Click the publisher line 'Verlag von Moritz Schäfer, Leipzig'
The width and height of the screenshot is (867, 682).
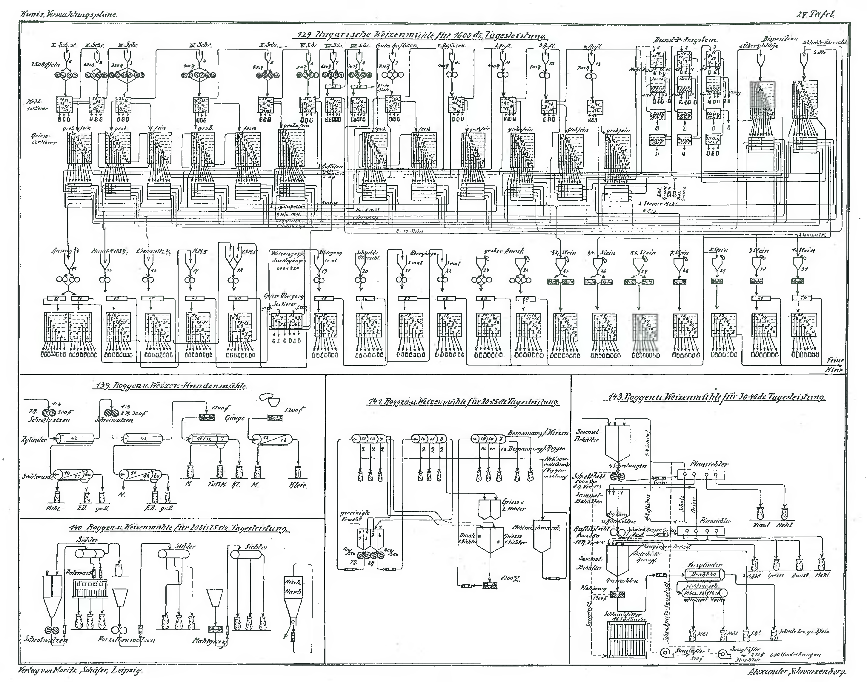(80, 670)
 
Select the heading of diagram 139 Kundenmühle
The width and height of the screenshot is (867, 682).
(171, 386)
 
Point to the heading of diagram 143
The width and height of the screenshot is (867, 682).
(716, 397)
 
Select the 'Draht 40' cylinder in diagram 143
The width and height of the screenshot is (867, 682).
(703, 575)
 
